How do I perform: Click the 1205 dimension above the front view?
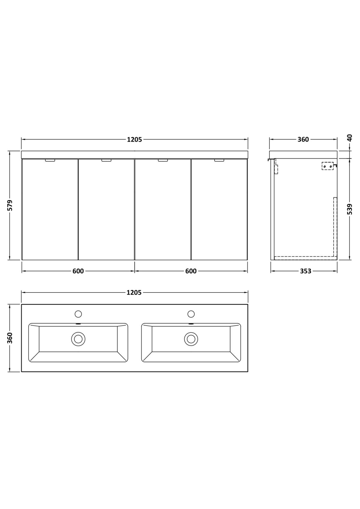click(x=134, y=139)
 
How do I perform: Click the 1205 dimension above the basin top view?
click(x=134, y=293)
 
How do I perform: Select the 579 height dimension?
click(x=10, y=205)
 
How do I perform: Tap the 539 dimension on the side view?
click(x=350, y=209)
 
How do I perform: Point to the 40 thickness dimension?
click(x=350, y=138)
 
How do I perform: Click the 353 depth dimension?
click(x=305, y=271)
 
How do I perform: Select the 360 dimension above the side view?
click(x=303, y=139)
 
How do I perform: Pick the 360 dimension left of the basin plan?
click(x=10, y=338)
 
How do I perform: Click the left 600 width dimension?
click(x=78, y=271)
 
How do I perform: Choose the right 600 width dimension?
click(x=191, y=271)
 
